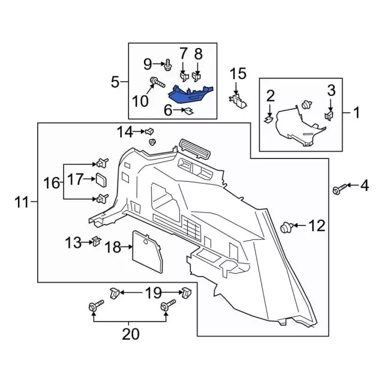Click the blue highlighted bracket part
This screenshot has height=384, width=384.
tap(188, 94)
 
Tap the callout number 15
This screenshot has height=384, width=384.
tap(238, 74)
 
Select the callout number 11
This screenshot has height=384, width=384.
tap(22, 203)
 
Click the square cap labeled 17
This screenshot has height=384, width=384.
tap(100, 179)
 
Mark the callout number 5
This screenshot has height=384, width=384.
tap(115, 82)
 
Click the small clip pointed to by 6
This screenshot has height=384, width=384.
tap(188, 110)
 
